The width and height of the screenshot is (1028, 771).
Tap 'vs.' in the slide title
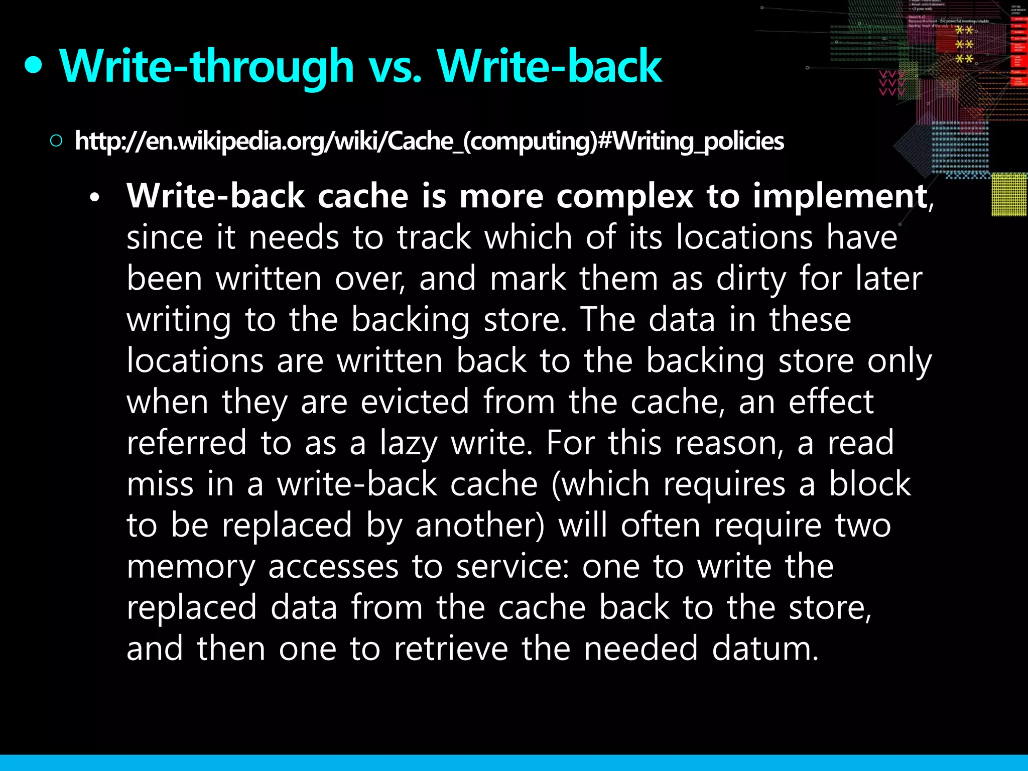coord(396,67)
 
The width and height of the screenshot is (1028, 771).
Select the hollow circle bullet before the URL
coord(56,141)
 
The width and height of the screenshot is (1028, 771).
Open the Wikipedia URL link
coord(429,141)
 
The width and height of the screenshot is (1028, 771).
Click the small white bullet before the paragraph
coord(94,198)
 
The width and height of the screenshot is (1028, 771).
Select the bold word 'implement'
coord(840,196)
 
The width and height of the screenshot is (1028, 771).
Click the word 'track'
coord(434,237)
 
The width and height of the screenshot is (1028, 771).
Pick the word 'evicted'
coord(415,402)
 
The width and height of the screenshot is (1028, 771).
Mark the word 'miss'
coord(160,485)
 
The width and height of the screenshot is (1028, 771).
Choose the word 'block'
coord(869,485)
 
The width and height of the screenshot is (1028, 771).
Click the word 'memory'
coord(191,567)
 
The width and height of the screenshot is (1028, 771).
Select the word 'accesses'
coord(333,567)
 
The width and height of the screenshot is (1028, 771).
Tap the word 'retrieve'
coord(451,649)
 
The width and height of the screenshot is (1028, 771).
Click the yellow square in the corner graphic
coord(1009,194)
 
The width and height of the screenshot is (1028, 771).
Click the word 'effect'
coord(831,402)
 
